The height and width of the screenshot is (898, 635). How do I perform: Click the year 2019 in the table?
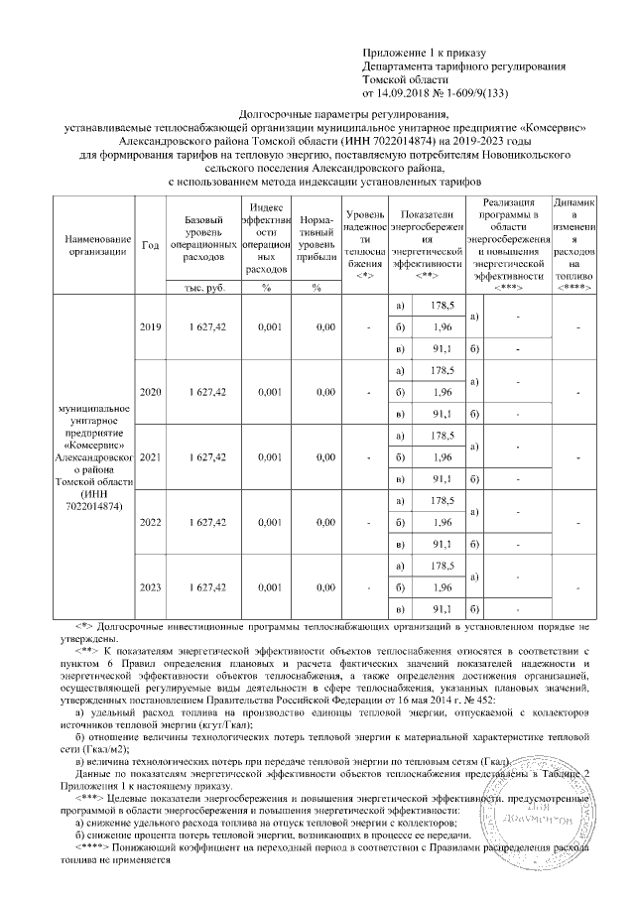tap(150, 327)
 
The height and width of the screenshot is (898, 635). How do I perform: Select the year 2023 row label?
tap(150, 587)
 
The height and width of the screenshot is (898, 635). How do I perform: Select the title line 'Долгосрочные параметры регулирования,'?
tap(324, 115)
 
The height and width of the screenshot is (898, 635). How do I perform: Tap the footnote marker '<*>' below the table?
tap(85, 628)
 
